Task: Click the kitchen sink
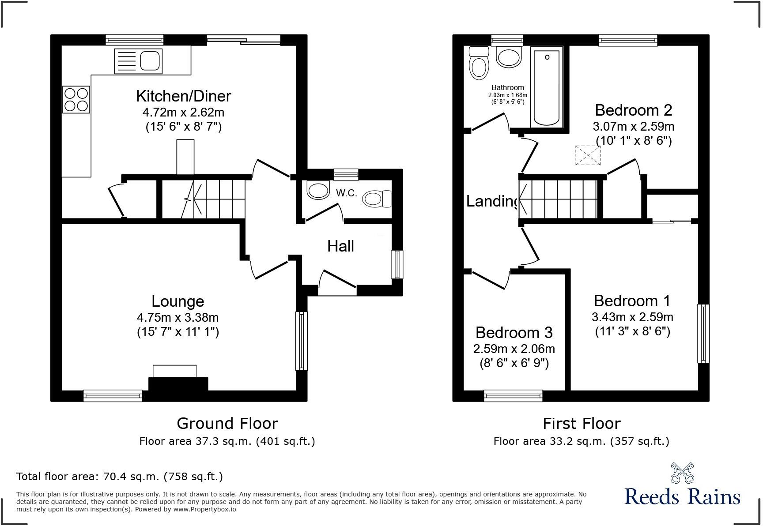(138, 61)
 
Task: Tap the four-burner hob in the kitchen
(76, 99)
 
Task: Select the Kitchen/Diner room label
(183, 96)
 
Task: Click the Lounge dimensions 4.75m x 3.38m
(178, 317)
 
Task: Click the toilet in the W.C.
(376, 199)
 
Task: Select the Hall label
(340, 246)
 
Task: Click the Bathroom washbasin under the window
(509, 57)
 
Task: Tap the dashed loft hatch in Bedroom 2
(588, 155)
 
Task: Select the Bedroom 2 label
(633, 110)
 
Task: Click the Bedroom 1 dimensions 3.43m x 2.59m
(632, 317)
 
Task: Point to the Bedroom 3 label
(514, 332)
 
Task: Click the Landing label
(492, 201)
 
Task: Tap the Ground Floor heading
(227, 424)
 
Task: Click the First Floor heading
(582, 424)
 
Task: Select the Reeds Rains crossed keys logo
(682, 473)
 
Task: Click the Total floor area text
(120, 477)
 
